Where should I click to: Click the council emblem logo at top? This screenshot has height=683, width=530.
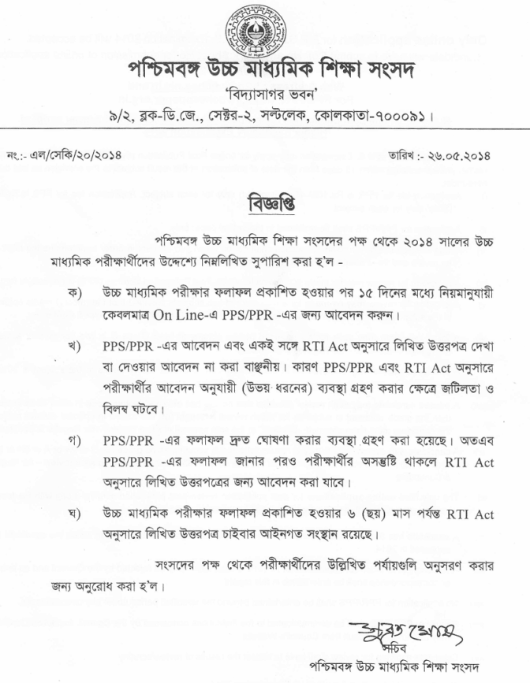pos(263,29)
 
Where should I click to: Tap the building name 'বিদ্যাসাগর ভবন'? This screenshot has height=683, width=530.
pos(264,98)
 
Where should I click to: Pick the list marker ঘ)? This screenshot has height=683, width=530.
pos(76,514)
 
